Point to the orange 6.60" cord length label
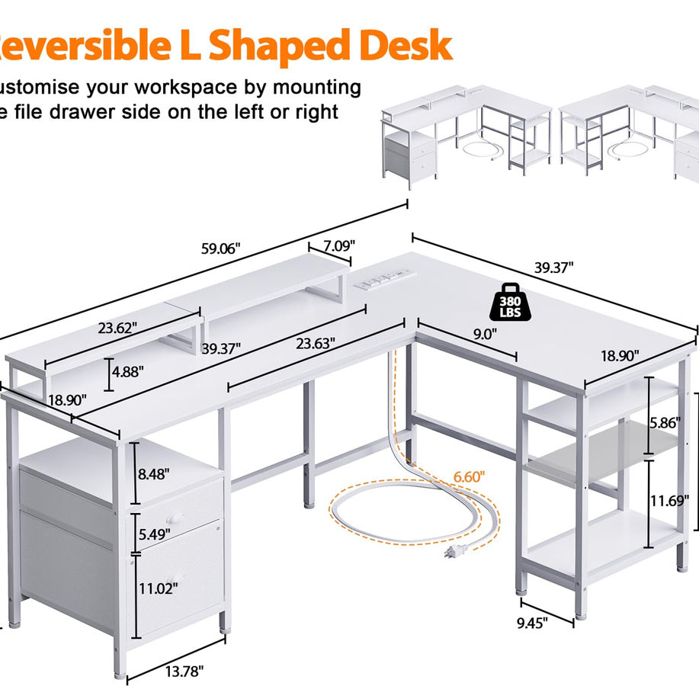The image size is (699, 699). coord(469,476)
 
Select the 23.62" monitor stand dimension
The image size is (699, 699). coord(117,328)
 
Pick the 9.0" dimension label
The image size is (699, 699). coord(483,333)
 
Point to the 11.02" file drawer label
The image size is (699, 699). coord(159,588)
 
